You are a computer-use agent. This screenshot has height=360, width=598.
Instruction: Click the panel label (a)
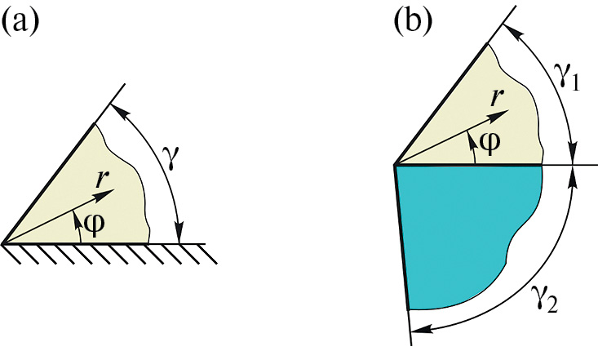(x=21, y=23)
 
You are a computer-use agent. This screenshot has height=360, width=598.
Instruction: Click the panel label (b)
(x=413, y=20)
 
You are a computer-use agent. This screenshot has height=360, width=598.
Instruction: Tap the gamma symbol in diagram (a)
(x=172, y=158)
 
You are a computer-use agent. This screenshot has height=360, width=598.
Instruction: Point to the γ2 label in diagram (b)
(x=545, y=301)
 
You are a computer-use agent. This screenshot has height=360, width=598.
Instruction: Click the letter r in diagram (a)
(x=101, y=179)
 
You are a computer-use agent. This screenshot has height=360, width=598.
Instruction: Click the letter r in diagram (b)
(x=496, y=97)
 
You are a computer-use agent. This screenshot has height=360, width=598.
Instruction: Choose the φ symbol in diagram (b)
(x=489, y=142)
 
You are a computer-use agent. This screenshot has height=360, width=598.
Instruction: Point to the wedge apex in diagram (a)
(x=3, y=243)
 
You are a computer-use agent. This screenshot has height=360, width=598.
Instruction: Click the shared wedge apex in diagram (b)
(x=395, y=165)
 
